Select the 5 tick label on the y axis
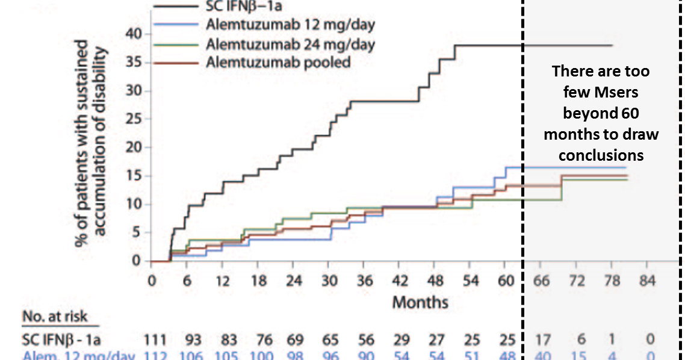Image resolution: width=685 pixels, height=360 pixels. (x=137, y=233)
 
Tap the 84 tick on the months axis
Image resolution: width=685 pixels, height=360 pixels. (x=646, y=281)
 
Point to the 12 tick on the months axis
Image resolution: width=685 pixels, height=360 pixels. (x=222, y=281)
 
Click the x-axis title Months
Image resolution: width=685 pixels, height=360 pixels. (x=420, y=302)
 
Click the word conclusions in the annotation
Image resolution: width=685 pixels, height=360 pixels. (x=601, y=155)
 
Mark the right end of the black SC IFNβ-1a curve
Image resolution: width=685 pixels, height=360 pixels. (x=612, y=45)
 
